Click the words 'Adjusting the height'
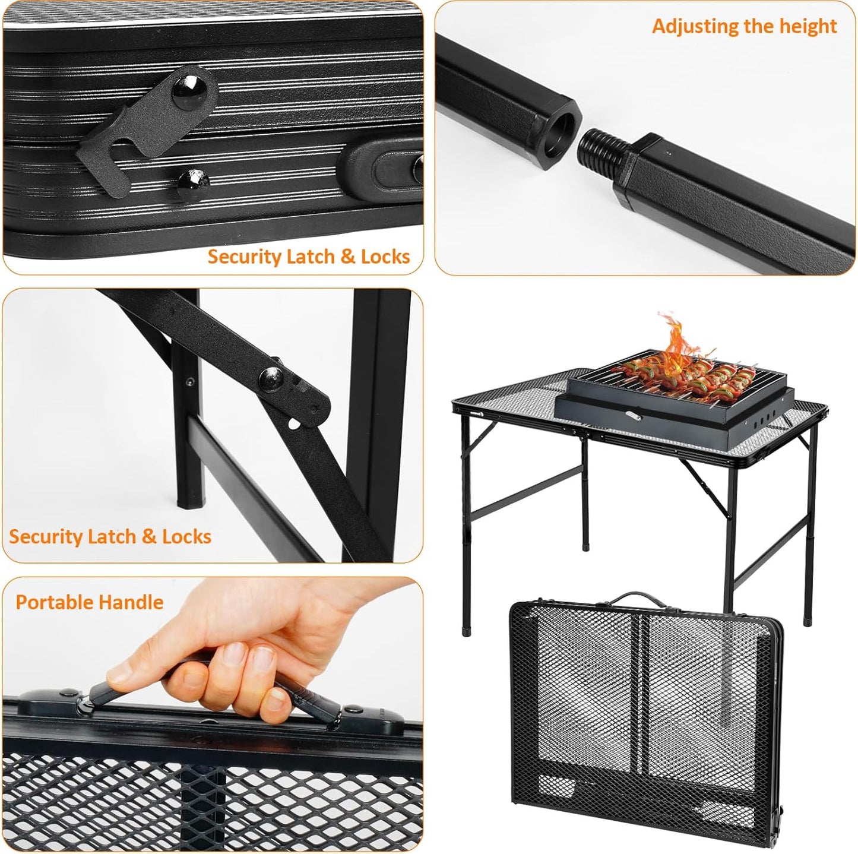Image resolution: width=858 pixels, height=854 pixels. coord(744,26)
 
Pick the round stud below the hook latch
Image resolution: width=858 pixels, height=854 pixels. coord(194,178)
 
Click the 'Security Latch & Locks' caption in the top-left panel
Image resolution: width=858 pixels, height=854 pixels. coord(308,257)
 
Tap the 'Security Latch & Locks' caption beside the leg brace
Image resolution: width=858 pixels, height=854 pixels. coord(110,536)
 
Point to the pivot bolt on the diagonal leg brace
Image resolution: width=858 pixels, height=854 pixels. coord(273,377)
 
